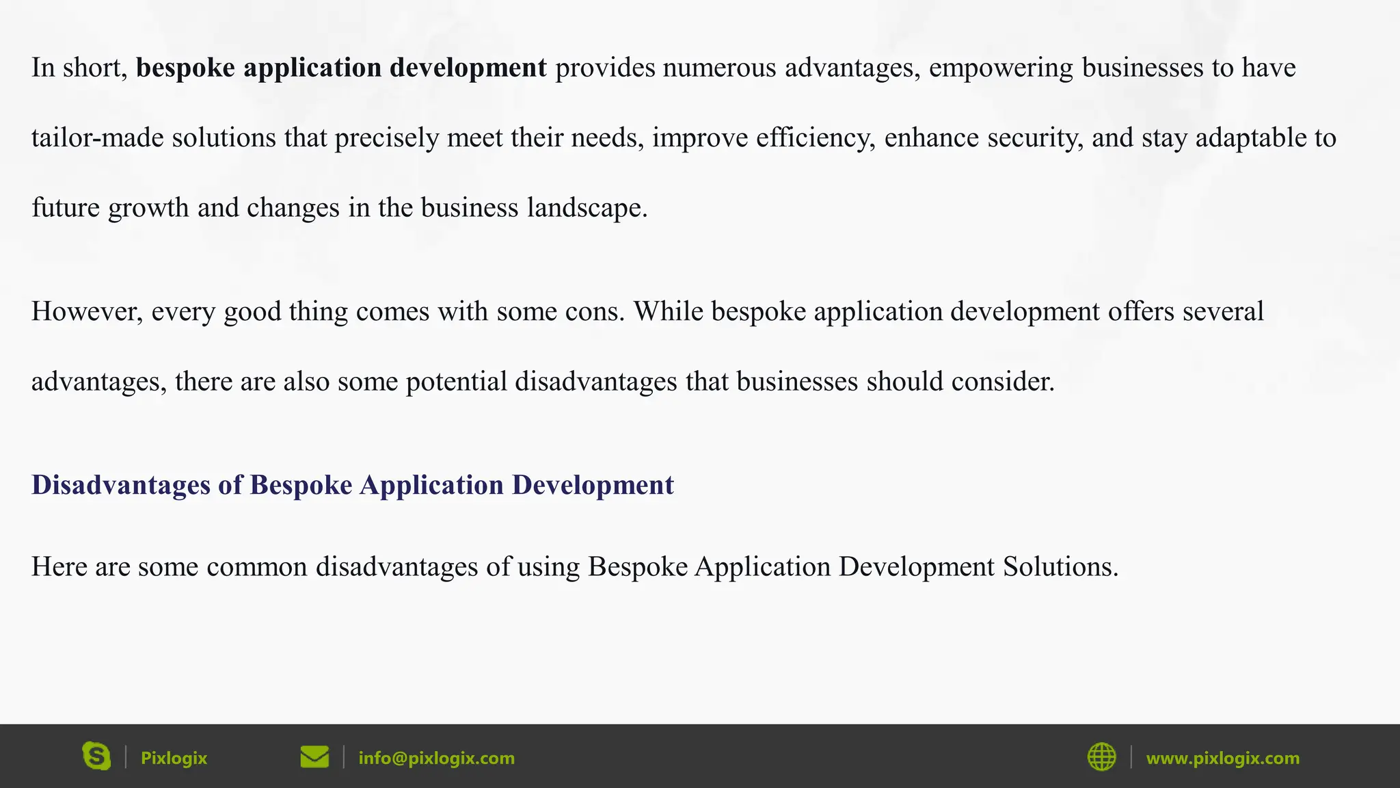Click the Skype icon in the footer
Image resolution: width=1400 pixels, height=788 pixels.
coord(96,757)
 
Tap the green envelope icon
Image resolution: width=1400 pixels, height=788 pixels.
coord(314,757)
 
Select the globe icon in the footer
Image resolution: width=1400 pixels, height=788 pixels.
coord(1101,757)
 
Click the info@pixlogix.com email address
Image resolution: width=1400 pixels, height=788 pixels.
coord(436,758)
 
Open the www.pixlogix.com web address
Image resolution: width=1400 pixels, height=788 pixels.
coord(1222,758)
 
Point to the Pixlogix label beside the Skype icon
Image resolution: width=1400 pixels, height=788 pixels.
coord(174,758)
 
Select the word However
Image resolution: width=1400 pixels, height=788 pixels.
coord(87,312)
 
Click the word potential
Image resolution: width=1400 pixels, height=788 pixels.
coord(456,382)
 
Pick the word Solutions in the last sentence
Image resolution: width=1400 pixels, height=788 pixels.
coord(1060,567)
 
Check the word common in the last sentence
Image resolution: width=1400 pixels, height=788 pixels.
coord(256,567)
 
